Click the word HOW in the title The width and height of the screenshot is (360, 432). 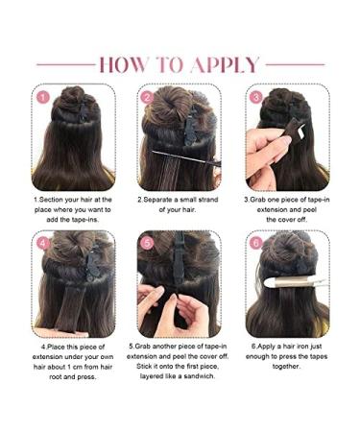click(126, 64)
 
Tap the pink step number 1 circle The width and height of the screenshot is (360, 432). click(43, 97)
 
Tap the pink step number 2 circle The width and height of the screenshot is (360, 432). click(147, 97)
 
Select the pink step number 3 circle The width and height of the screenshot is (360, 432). click(255, 97)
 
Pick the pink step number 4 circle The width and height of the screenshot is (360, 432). click(43, 243)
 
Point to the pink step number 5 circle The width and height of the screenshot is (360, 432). click(147, 243)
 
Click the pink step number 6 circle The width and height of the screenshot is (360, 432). click(255, 243)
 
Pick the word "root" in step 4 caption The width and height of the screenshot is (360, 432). click(54, 376)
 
